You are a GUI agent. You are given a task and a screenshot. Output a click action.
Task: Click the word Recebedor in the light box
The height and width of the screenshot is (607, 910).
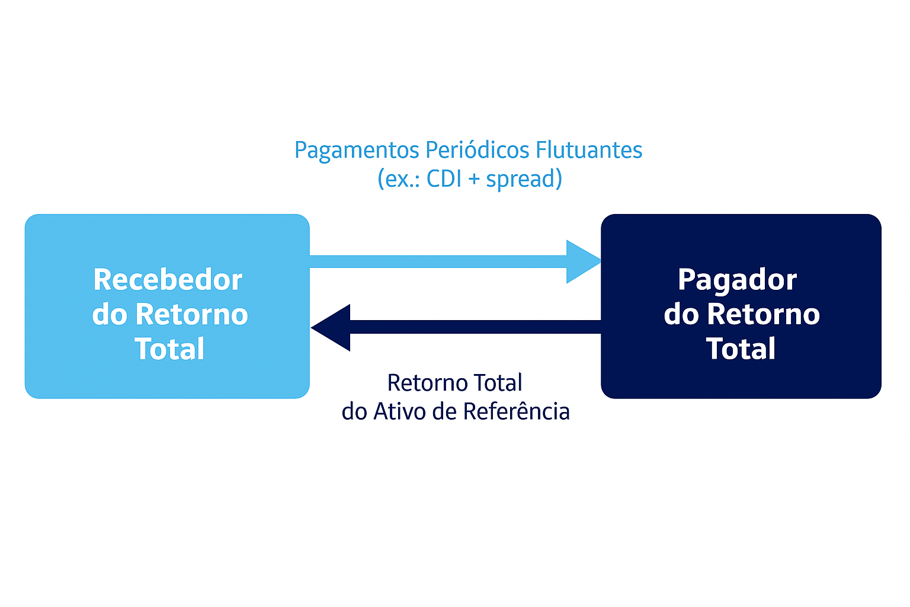(x=168, y=280)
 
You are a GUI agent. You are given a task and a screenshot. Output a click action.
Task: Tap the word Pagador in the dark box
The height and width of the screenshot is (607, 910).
(x=737, y=280)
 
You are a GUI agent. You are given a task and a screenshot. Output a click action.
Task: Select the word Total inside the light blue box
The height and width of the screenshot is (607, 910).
(x=169, y=349)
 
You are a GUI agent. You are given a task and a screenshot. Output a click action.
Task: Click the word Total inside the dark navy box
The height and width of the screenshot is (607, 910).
(x=741, y=349)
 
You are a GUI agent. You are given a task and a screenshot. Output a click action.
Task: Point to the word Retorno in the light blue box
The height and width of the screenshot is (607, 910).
(x=191, y=314)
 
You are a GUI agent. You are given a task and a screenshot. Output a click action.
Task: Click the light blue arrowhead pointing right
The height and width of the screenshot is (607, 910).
(x=582, y=261)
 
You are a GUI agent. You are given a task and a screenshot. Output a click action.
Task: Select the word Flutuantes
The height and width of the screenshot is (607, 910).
(x=589, y=150)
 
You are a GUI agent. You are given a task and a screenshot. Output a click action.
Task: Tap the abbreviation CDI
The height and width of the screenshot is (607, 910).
(x=444, y=178)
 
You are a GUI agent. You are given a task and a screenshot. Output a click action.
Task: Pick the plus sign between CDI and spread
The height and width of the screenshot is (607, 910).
(x=474, y=179)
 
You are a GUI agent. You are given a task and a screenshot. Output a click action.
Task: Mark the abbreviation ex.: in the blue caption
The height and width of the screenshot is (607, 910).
(x=402, y=179)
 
